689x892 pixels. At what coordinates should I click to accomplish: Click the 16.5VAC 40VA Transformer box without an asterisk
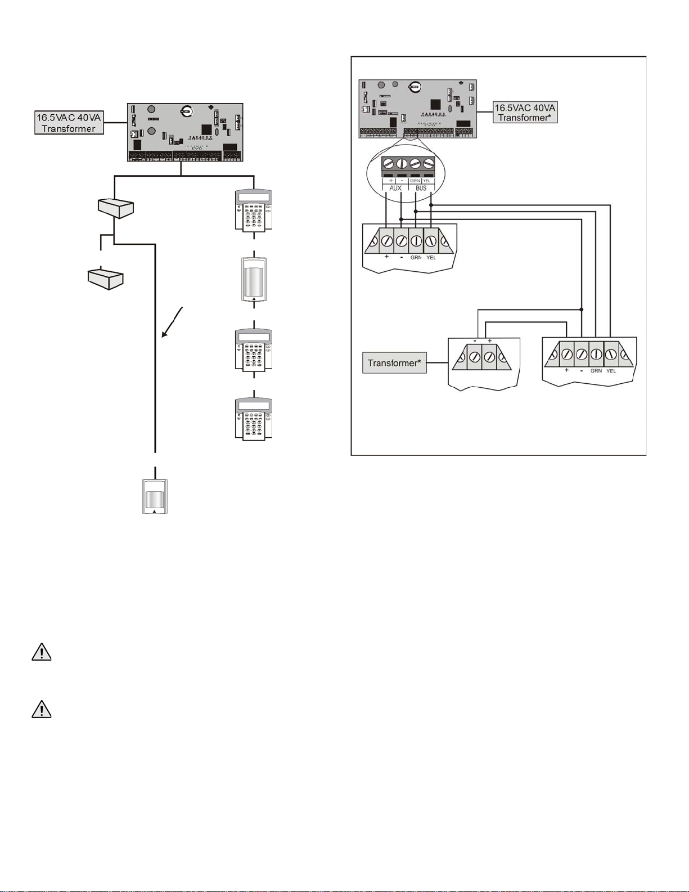click(69, 123)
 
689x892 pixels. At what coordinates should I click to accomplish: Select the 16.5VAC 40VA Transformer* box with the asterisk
click(525, 112)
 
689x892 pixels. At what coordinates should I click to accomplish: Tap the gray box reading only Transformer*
click(394, 363)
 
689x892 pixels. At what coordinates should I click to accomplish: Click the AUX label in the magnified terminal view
click(395, 188)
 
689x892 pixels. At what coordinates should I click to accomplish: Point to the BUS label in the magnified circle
click(421, 188)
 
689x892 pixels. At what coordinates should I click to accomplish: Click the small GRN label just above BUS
click(415, 181)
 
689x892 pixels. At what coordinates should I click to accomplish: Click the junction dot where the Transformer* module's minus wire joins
click(582, 310)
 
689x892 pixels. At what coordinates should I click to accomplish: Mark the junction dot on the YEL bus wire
click(431, 205)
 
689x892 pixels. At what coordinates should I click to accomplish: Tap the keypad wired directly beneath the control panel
click(254, 210)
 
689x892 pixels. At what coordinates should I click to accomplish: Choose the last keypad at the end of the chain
click(254, 419)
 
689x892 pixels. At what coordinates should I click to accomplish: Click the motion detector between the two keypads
click(254, 279)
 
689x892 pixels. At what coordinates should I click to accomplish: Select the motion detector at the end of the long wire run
click(155, 496)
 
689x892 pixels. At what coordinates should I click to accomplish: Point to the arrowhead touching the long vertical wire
click(164, 335)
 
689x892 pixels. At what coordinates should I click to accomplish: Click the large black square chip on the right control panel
click(435, 105)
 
